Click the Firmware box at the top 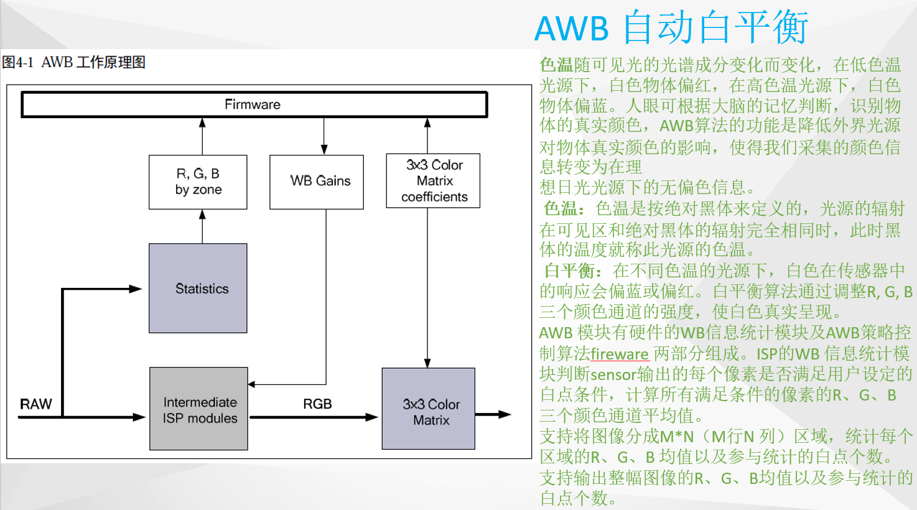click(254, 104)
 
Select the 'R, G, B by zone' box click(198, 182)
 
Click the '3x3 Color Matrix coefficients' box click(434, 181)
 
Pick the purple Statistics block click(198, 288)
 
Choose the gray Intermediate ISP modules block click(198, 409)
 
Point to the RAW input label click(35, 404)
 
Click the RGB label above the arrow click(317, 404)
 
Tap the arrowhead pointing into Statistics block click(136, 289)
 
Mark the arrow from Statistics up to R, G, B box click(202, 226)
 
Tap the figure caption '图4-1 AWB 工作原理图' click(73, 62)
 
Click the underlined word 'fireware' click(620, 355)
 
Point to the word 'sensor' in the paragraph click(613, 375)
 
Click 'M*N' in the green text click(677, 437)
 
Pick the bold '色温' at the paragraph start click(556, 65)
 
